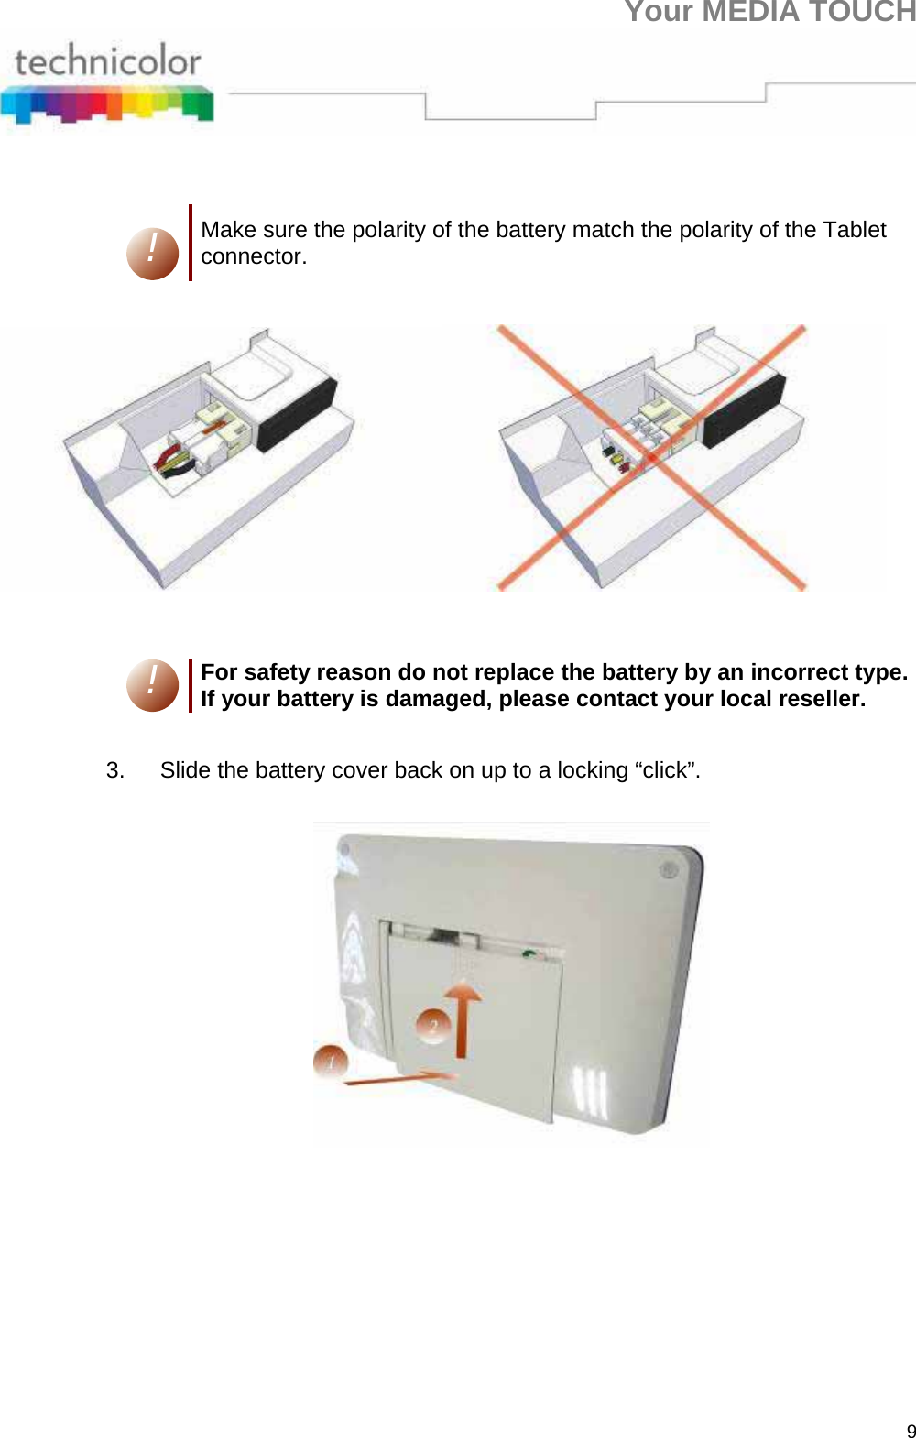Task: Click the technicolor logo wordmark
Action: click(x=108, y=61)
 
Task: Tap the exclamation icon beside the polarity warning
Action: click(x=152, y=254)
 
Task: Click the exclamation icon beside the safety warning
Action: click(x=152, y=685)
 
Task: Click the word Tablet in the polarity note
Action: click(x=854, y=230)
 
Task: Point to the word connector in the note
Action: click(x=252, y=257)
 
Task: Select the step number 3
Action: click(x=114, y=770)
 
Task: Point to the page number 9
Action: click(x=911, y=1432)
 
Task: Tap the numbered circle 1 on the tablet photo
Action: click(x=331, y=1062)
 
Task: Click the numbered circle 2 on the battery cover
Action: click(x=433, y=1025)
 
